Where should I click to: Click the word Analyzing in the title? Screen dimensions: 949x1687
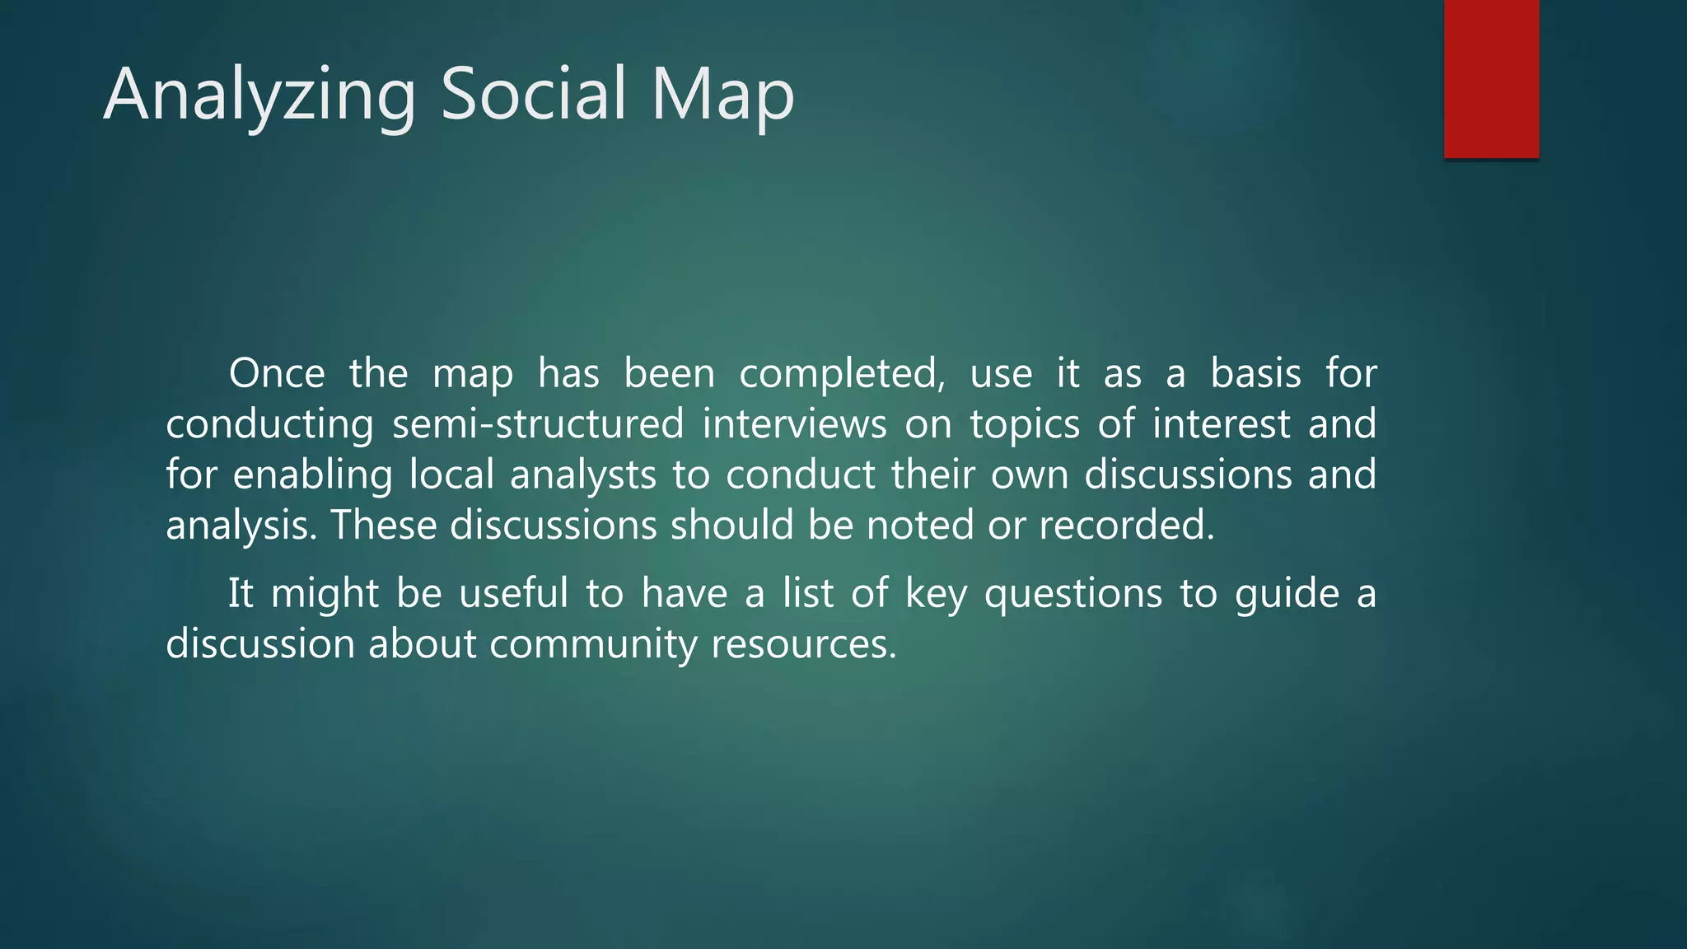point(259,95)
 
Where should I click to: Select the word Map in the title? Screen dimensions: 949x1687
point(722,95)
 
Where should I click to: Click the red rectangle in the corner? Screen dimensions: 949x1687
point(1491,78)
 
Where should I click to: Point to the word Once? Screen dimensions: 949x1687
point(277,373)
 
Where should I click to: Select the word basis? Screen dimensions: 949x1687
point(1255,373)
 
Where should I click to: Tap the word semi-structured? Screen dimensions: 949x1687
point(537,424)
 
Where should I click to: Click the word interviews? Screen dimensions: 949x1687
point(794,424)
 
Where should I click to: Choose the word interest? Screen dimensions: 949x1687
point(1221,424)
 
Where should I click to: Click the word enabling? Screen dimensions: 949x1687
point(312,476)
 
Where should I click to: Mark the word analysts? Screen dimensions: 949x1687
point(582,476)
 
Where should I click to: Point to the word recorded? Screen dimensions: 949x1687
point(1126,525)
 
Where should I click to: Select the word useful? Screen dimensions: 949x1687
point(513,593)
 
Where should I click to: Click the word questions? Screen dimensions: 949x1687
point(1072,595)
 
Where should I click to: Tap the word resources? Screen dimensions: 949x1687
point(803,644)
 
